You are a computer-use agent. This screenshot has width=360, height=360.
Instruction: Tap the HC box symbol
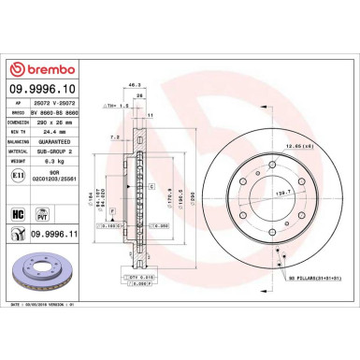click(x=16, y=213)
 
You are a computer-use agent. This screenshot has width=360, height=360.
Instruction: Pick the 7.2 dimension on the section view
click(x=112, y=137)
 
